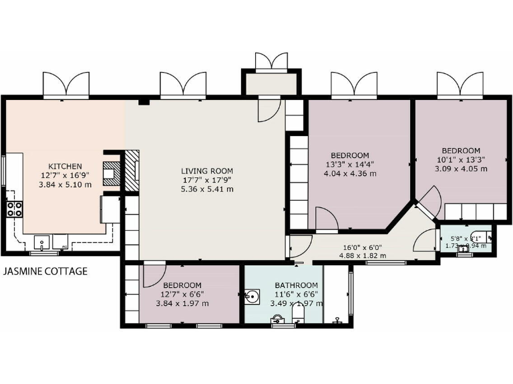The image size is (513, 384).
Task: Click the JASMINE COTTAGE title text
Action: coord(45,272)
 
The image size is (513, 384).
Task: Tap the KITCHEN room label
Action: coord(65,167)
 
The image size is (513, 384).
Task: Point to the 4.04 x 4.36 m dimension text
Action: coord(351,174)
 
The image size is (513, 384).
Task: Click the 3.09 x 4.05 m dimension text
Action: coord(461,169)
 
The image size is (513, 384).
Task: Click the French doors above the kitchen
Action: coord(65,85)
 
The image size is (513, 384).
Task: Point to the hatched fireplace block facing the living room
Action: coord(134,170)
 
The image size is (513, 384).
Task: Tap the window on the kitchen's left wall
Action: coord(3,175)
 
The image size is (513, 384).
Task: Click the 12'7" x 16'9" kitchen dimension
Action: coord(65,176)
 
